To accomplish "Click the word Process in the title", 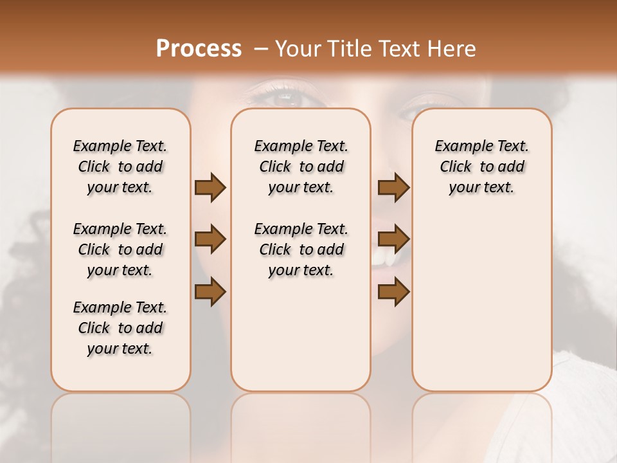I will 199,48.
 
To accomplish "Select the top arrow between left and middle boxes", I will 210,187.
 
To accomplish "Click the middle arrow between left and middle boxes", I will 210,240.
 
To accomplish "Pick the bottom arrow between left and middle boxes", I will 210,291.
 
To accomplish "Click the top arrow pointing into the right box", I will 393,187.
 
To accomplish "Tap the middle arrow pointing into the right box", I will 393,240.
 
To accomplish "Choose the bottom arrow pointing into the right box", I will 393,291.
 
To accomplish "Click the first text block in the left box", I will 120,167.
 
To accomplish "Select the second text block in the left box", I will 120,250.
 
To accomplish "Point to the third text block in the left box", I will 120,328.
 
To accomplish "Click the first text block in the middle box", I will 301,167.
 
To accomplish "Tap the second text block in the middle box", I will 301,250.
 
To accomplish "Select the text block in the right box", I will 481,167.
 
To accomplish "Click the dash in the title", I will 260,48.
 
